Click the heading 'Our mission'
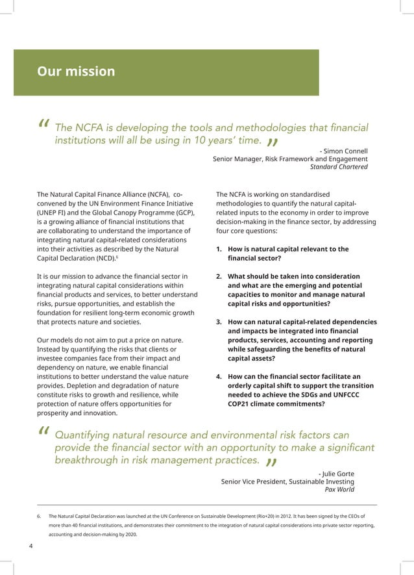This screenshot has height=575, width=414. pyautogui.click(x=76, y=71)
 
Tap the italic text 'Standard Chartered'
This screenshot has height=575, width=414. pyautogui.click(x=338, y=167)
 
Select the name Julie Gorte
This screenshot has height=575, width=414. pyautogui.click(x=338, y=474)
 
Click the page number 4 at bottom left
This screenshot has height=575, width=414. pyautogui.click(x=31, y=546)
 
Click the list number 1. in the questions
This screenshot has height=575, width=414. pyautogui.click(x=219, y=249)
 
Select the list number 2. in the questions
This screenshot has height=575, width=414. pyautogui.click(x=219, y=276)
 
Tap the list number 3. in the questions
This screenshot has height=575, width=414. pyautogui.click(x=219, y=322)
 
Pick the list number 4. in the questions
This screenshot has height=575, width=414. pyautogui.click(x=219, y=376)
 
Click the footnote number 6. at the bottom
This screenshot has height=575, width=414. pyautogui.click(x=40, y=517)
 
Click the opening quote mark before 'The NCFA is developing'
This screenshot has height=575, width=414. pyautogui.click(x=44, y=123)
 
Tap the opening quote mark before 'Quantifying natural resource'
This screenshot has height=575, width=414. pyautogui.click(x=44, y=431)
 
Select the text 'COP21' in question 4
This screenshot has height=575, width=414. pyautogui.click(x=241, y=403)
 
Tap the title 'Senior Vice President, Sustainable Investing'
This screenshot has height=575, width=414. pyautogui.click(x=287, y=481)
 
